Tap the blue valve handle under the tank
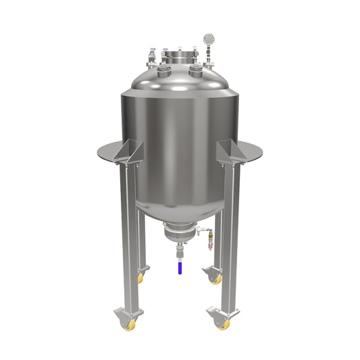(179, 267)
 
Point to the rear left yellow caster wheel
(140, 278)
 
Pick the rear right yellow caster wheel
(216, 279)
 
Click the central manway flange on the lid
(180, 58)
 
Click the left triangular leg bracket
(129, 153)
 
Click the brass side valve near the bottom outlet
(208, 238)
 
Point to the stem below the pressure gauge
(207, 53)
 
